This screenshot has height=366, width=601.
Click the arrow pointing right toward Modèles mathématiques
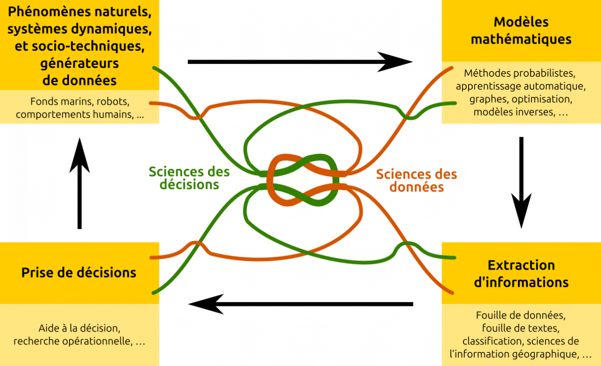point(300,62)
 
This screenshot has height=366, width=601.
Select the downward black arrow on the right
point(521,183)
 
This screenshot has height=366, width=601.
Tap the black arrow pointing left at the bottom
point(300,304)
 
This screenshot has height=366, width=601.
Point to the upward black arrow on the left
point(79,183)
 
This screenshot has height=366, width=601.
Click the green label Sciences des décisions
point(189,178)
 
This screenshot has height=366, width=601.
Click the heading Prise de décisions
point(79,272)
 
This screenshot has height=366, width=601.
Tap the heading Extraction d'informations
point(521,274)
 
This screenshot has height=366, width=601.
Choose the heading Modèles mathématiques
point(521,30)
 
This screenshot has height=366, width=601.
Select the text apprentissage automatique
point(521,87)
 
